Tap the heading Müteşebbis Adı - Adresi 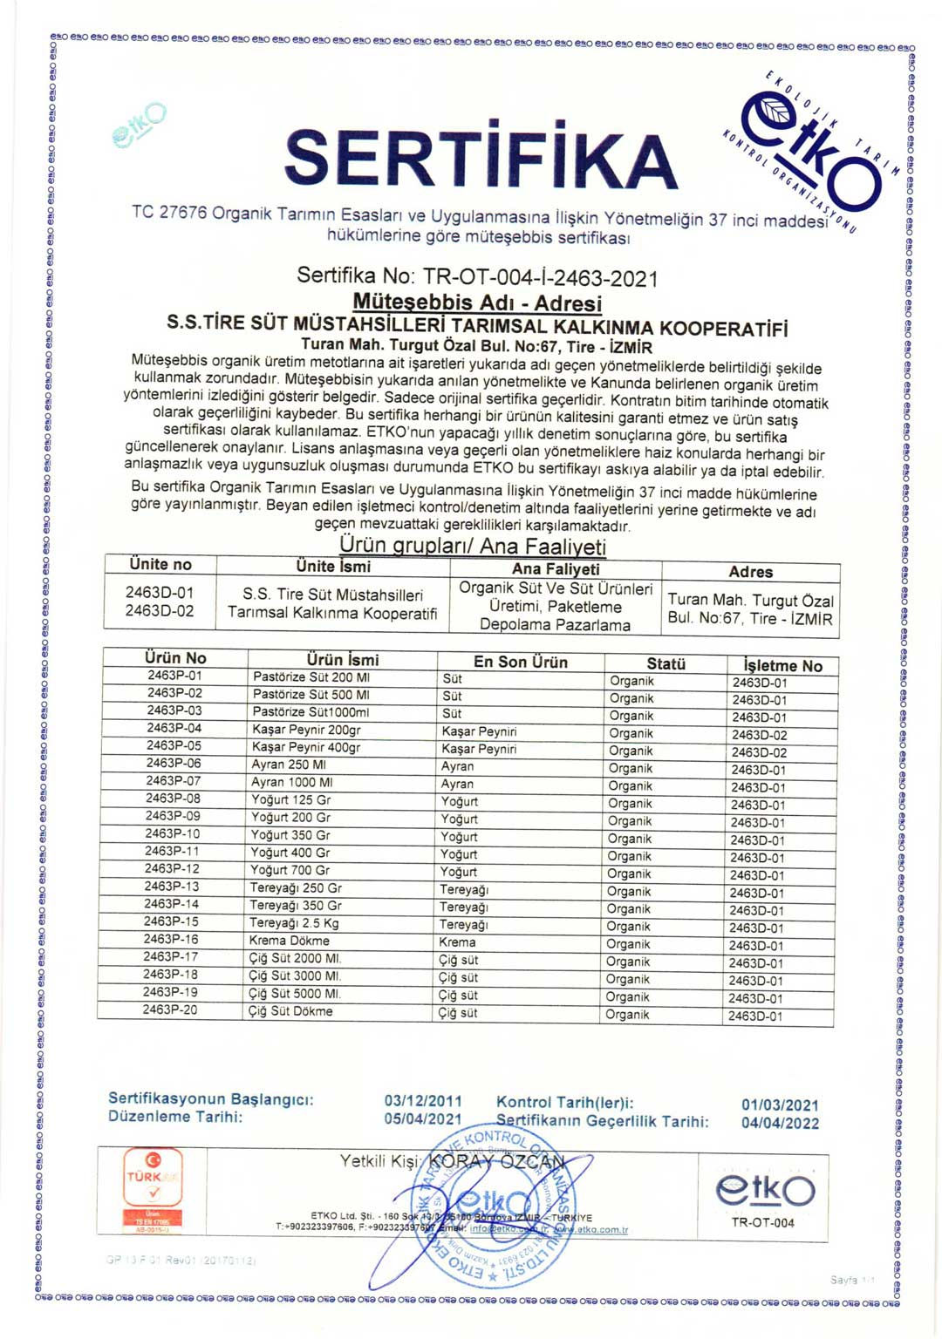point(477,302)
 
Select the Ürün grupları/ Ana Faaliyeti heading point(472,546)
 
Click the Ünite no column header point(160,565)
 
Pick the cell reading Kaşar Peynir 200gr point(306,730)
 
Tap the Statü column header point(666,663)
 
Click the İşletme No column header point(782,665)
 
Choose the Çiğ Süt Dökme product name point(290,1011)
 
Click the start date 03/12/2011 point(423,1101)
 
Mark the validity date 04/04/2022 point(780,1123)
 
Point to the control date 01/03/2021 point(780,1105)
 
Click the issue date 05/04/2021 point(423,1118)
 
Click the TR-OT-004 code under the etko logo point(763,1222)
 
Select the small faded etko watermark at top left point(140,125)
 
